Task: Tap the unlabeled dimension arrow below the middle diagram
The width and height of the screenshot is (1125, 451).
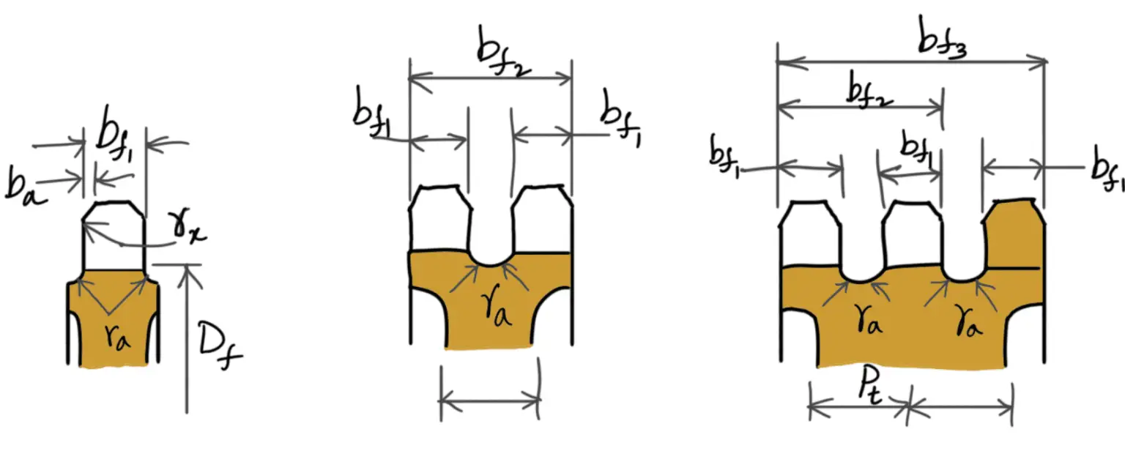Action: coord(489,400)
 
